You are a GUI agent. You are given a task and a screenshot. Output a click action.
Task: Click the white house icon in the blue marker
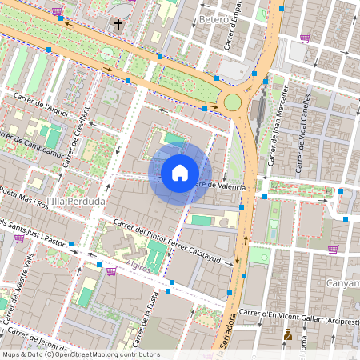[180, 172]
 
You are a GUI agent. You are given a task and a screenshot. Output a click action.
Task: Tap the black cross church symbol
[118, 25]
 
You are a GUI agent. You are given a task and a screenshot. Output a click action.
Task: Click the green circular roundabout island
[233, 102]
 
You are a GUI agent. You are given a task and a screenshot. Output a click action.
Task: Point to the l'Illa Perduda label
[76, 202]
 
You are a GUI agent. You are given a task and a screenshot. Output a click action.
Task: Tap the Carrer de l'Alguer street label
[41, 104]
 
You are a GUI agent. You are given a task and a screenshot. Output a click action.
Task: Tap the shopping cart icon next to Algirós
[110, 272]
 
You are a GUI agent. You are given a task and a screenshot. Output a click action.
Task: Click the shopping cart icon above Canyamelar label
[332, 249]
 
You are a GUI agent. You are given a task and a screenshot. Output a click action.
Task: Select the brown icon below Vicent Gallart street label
[287, 336]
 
